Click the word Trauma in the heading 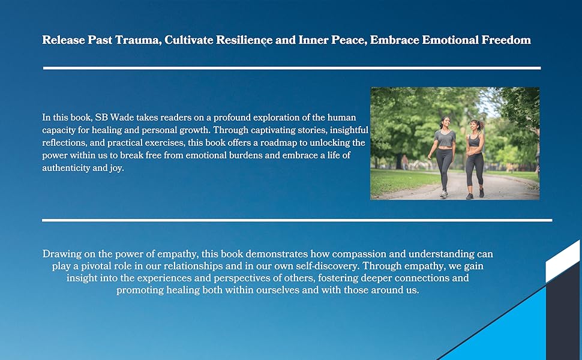click(x=138, y=40)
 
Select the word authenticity click(x=66, y=168)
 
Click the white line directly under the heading click(x=292, y=68)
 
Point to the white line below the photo click(x=297, y=220)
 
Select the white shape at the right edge click(x=563, y=261)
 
